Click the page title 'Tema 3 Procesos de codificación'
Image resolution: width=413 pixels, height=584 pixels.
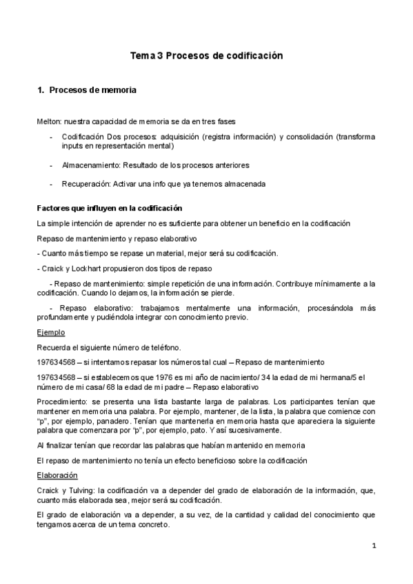(x=207, y=56)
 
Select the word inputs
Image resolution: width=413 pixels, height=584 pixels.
(x=72, y=146)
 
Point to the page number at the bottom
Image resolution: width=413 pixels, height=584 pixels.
(x=374, y=546)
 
